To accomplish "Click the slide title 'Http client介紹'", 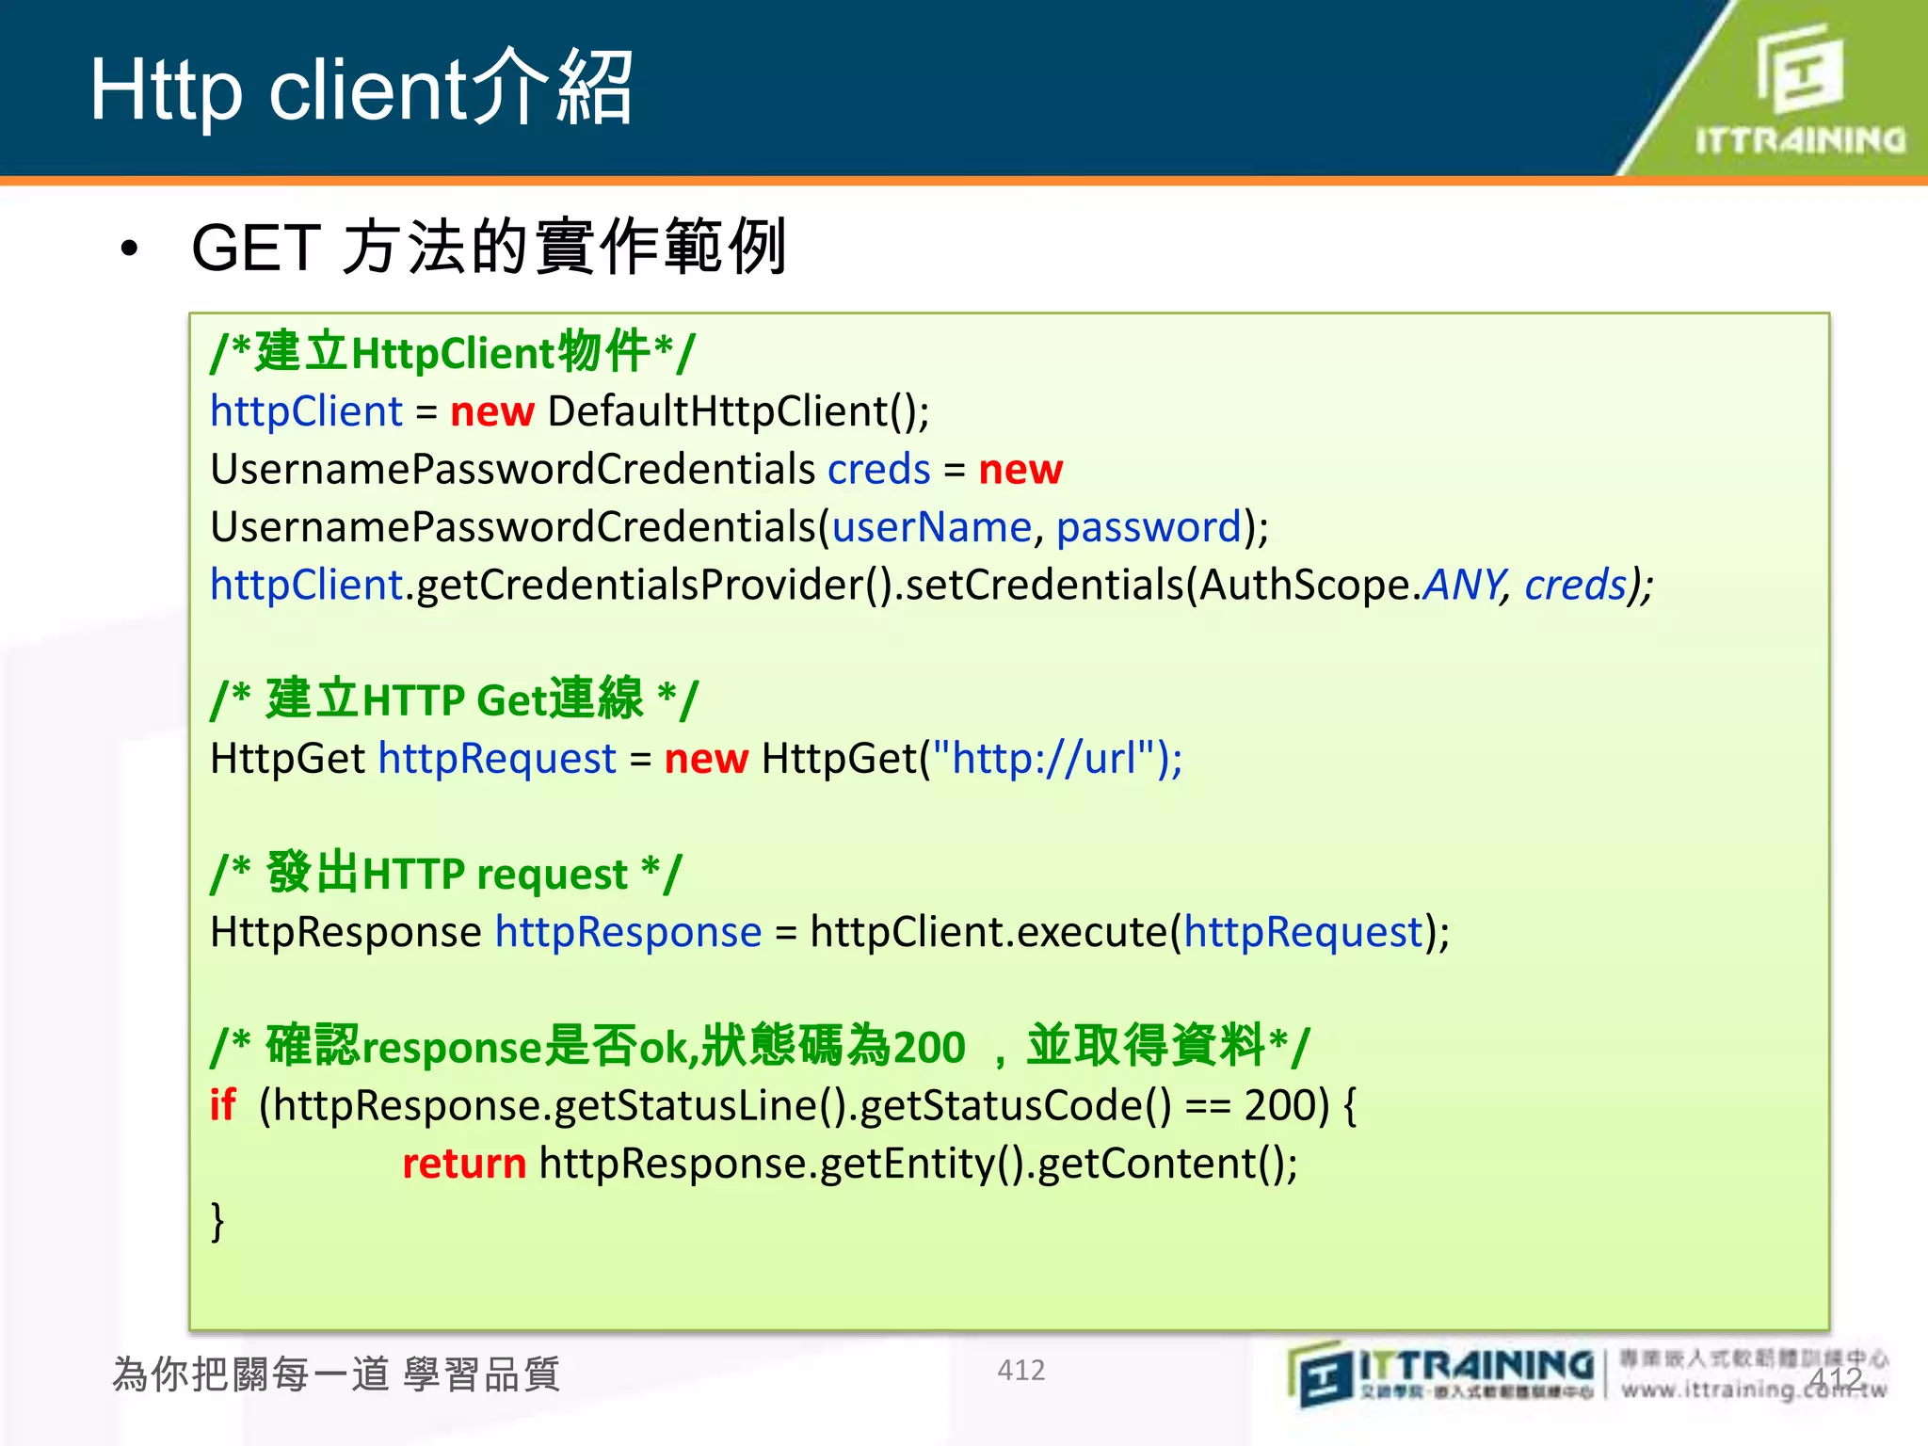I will click(x=361, y=89).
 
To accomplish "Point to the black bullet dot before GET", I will click(x=129, y=249).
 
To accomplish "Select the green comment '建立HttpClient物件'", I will click(x=452, y=353).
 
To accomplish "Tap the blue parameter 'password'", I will click(x=1149, y=527).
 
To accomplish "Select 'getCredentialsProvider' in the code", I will click(x=640, y=586).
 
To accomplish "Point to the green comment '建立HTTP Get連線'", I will click(x=454, y=700).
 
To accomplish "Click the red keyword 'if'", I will click(x=223, y=1105).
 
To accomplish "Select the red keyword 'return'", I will click(x=464, y=1164).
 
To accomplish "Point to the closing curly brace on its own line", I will click(x=217, y=1222).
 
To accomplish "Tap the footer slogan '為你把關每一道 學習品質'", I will click(x=336, y=1374).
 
